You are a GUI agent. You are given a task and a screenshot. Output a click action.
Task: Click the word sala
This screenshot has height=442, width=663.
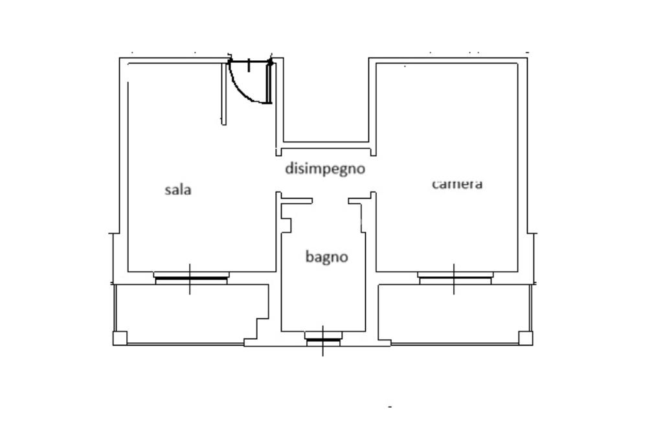pos(177,190)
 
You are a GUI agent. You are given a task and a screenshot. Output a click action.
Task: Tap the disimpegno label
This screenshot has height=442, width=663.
pos(325,169)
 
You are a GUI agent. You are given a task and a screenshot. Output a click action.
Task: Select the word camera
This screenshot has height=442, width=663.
pos(457,184)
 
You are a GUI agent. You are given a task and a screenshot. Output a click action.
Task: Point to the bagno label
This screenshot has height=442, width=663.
pos(326,256)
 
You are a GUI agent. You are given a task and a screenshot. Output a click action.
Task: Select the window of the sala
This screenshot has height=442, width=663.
pos(191,278)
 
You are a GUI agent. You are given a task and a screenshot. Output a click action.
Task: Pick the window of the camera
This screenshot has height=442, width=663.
pos(455,278)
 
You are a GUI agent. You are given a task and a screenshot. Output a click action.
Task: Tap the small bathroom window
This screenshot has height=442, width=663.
pos(323,338)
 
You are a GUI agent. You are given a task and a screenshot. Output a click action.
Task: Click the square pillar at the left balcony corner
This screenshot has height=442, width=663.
pos(120,338)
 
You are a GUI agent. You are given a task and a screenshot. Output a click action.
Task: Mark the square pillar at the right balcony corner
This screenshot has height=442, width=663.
pos(526,338)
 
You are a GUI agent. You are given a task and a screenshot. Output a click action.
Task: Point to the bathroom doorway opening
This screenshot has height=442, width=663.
pos(330,201)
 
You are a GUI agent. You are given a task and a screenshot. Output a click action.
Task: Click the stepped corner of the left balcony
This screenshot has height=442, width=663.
pos(256,329)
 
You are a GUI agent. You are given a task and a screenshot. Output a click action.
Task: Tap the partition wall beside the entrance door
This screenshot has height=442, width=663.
pos(223,94)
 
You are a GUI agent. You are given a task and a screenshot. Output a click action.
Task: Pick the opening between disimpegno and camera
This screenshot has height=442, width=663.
pos(373,173)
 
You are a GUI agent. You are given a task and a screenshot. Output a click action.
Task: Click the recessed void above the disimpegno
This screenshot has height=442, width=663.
pos(326,100)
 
